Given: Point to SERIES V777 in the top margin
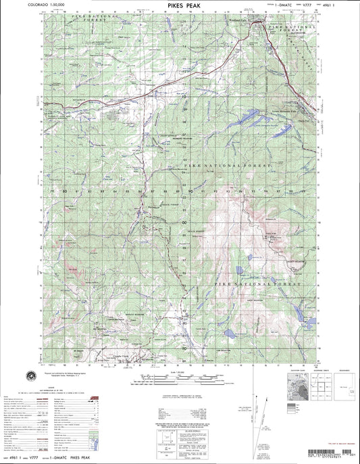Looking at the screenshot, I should coord(283,4).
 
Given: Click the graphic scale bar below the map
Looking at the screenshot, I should coord(181,378).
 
